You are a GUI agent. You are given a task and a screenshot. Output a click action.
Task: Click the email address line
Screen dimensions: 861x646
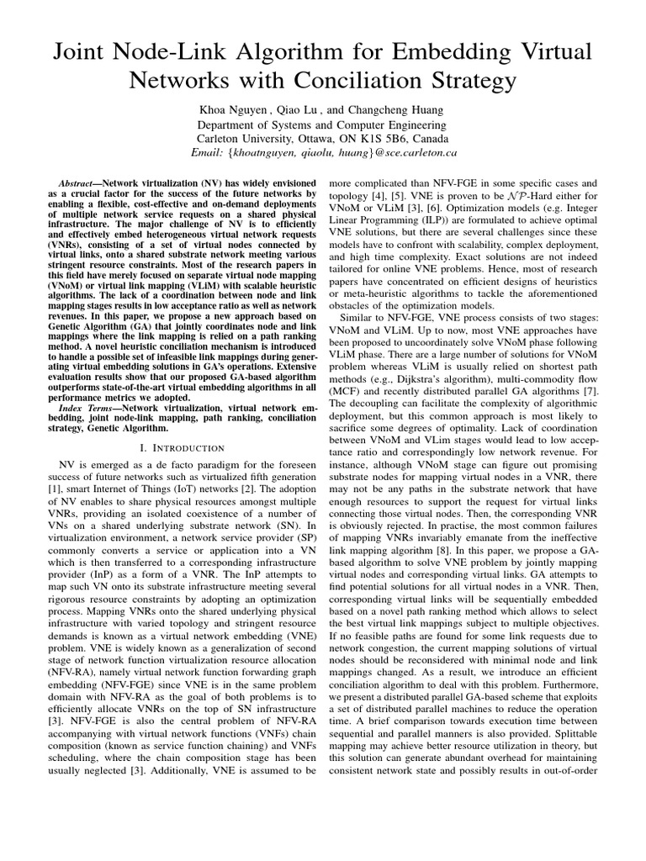[323, 153]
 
